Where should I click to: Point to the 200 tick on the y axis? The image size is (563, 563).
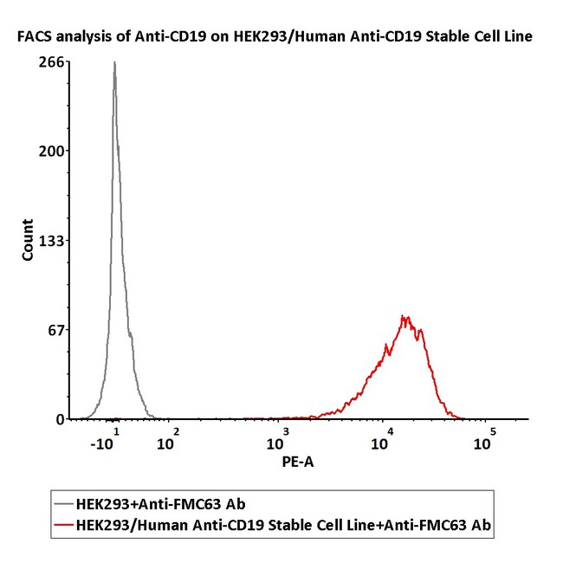(48, 151)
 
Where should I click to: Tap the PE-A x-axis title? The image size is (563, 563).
(297, 463)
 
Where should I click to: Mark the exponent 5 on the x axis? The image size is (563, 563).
(492, 430)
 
